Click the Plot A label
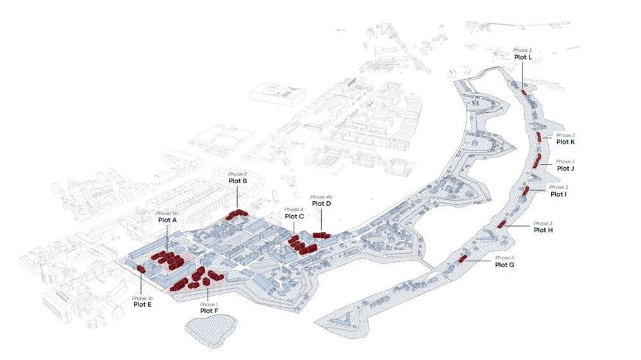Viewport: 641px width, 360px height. click(167, 220)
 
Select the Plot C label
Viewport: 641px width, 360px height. click(294, 217)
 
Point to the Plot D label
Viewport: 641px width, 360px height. click(321, 204)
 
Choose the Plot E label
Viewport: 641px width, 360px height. click(142, 304)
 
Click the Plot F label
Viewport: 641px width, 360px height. click(209, 311)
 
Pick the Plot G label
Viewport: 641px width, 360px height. click(504, 265)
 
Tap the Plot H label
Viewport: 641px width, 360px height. click(543, 230)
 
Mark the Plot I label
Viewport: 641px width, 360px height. click(558, 193)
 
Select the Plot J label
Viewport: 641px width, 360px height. click(565, 168)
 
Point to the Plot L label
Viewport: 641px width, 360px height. click(522, 57)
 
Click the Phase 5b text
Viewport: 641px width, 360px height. click(167, 213)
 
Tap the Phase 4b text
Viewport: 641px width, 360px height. click(321, 197)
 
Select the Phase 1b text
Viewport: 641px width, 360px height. click(142, 298)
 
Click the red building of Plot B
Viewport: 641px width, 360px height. click(236, 215)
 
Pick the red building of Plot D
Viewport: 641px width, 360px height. click(320, 236)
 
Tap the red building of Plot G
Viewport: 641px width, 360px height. click(462, 259)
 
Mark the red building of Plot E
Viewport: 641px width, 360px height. click(142, 269)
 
